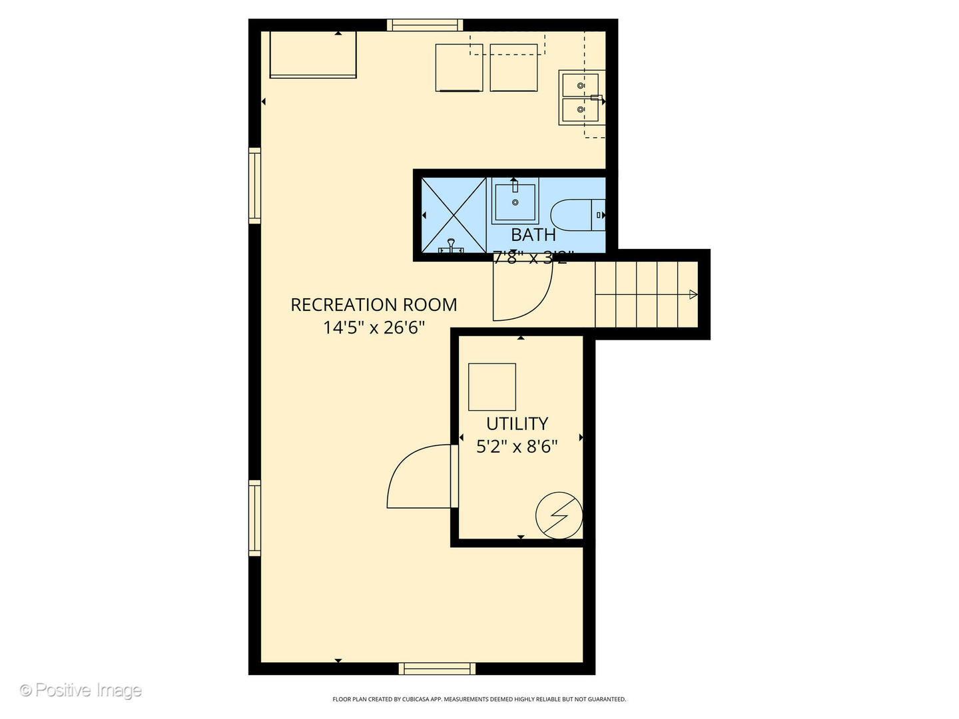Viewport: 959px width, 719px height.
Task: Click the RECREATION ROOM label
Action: (374, 305)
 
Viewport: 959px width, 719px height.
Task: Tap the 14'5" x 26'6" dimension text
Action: (374, 328)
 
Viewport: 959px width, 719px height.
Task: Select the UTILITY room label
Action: (517, 423)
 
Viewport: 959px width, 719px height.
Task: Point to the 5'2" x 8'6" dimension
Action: (517, 446)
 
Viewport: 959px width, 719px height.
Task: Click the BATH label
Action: (533, 234)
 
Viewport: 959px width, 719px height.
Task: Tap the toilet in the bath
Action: (577, 215)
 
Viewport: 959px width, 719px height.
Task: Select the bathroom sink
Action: (514, 202)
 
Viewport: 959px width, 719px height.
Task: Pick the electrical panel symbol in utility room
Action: (559, 515)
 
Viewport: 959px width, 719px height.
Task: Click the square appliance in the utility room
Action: (492, 387)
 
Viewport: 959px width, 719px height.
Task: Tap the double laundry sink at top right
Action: (581, 97)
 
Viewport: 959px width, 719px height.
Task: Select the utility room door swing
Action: (420, 477)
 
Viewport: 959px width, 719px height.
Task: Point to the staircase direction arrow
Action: (693, 294)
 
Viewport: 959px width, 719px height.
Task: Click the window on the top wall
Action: (425, 25)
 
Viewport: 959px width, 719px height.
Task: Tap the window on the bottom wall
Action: (437, 668)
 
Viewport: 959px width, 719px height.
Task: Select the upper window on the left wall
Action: (254, 185)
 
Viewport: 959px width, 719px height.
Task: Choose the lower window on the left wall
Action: (254, 518)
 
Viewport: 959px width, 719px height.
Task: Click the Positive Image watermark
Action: (81, 690)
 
